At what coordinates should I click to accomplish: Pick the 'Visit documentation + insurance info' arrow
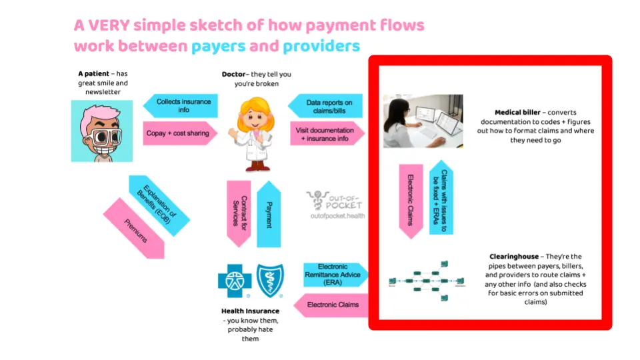[x=327, y=135]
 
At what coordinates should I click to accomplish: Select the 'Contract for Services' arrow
[x=239, y=213]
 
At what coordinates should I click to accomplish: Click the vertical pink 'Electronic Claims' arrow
[x=411, y=201]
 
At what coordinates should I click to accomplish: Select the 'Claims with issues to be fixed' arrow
[x=441, y=197]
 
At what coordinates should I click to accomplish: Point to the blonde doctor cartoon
[x=251, y=133]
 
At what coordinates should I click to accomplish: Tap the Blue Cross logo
[x=235, y=281]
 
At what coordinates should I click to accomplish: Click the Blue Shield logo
[x=269, y=281]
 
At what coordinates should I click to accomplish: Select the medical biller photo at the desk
[x=423, y=121]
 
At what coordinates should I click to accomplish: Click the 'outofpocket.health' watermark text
[x=337, y=217]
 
